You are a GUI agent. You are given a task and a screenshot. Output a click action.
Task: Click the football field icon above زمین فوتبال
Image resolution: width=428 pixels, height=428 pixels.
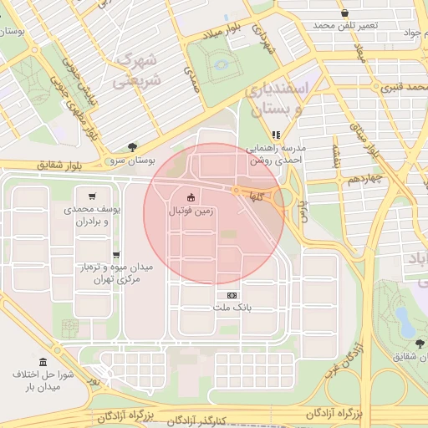[x=191, y=197]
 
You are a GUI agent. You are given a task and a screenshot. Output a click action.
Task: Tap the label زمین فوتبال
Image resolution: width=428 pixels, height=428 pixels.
[x=191, y=211]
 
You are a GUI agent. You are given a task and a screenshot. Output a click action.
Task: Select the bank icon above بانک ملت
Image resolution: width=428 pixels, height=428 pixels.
[x=232, y=295]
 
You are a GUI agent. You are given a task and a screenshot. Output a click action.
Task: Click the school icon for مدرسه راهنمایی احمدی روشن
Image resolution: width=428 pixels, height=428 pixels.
[x=276, y=134]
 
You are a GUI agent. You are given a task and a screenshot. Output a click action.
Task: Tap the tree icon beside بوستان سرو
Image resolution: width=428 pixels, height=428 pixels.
[x=132, y=146]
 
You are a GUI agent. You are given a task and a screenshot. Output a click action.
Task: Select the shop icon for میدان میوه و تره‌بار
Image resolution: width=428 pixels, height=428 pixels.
[x=115, y=255]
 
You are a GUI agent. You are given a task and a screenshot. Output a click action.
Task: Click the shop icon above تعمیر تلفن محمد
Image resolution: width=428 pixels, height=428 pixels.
[x=345, y=13]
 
